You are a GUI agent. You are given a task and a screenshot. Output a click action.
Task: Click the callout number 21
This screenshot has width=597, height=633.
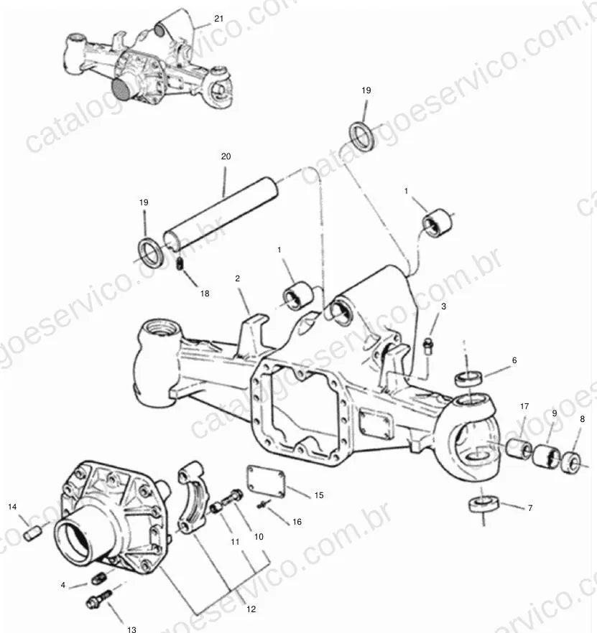[x=218, y=19]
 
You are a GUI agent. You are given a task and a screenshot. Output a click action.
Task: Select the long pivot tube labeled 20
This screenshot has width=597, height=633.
[x=221, y=212]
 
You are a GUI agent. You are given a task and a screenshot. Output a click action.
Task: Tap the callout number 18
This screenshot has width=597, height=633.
[x=205, y=294]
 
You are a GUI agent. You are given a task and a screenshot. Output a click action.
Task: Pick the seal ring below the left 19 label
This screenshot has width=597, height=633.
[x=151, y=253]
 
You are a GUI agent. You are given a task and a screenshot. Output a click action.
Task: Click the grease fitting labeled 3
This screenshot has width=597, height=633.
[x=427, y=347]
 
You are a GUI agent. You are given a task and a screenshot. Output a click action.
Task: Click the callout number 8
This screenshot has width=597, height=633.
[x=582, y=419]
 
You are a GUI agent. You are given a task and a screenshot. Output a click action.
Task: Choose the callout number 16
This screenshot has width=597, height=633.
[x=297, y=522]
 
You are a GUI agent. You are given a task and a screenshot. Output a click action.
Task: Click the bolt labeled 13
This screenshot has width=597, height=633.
[x=98, y=599]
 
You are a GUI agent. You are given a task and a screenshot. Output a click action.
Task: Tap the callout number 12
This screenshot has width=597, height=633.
[x=251, y=609]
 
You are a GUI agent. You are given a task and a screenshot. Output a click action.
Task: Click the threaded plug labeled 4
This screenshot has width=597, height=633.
[x=98, y=578]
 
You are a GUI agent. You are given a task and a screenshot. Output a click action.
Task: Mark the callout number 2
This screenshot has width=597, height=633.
[x=237, y=278]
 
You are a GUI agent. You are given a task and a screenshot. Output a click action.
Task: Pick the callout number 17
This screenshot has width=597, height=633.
[x=524, y=406]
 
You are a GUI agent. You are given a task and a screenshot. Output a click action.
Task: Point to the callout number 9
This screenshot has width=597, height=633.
[x=554, y=413]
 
